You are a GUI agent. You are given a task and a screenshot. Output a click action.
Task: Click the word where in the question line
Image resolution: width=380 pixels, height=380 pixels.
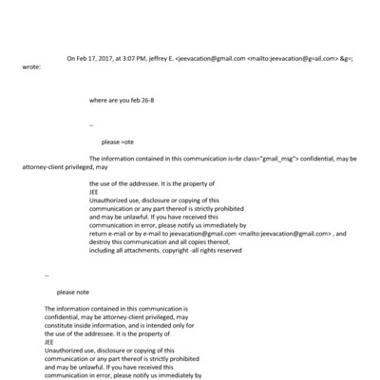pyautogui.click(x=98, y=98)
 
